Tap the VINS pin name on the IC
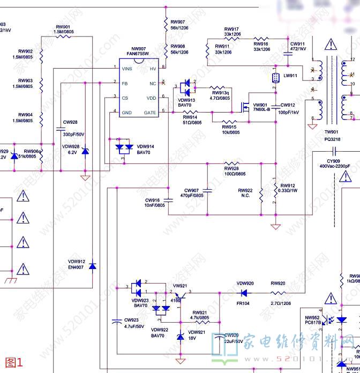click(127, 69)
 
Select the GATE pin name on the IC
click(150, 113)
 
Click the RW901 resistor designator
click(63, 27)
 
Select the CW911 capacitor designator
click(297, 43)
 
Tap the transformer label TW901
click(331, 132)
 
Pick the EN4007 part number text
click(76, 267)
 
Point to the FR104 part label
click(243, 303)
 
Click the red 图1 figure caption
click(14, 362)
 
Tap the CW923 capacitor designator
click(131, 320)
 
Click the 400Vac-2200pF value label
click(335, 166)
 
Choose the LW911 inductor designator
click(290, 76)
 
